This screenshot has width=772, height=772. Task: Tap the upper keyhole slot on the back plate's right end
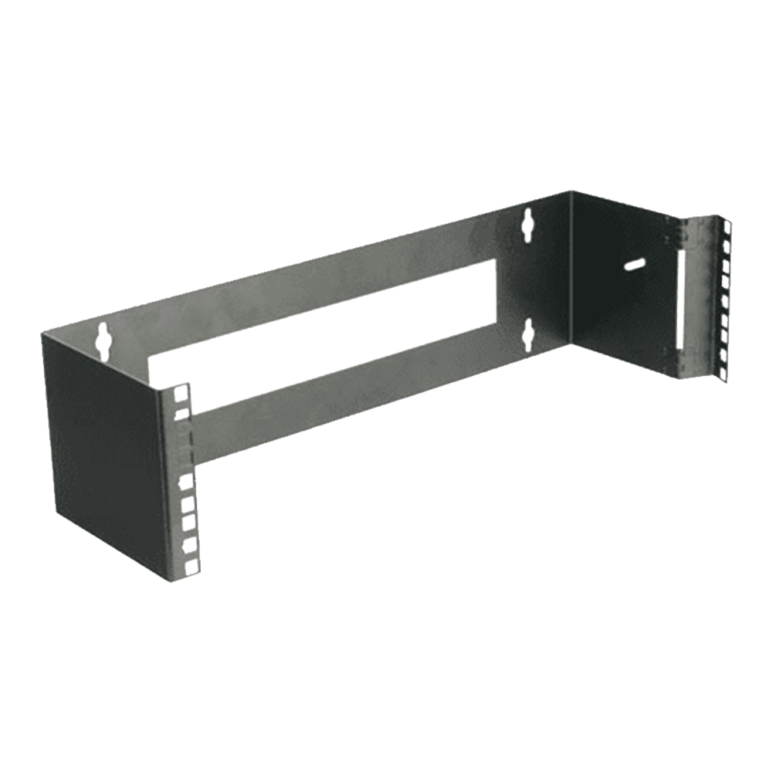pos(529,222)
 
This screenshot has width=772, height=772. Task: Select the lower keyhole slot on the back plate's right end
pos(527,333)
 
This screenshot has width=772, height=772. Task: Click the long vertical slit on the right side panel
pos(682,301)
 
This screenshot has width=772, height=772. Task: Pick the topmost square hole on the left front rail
pos(182,394)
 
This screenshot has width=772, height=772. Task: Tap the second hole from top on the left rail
pos(182,415)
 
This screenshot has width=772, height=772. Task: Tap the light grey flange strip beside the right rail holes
pos(699,301)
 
